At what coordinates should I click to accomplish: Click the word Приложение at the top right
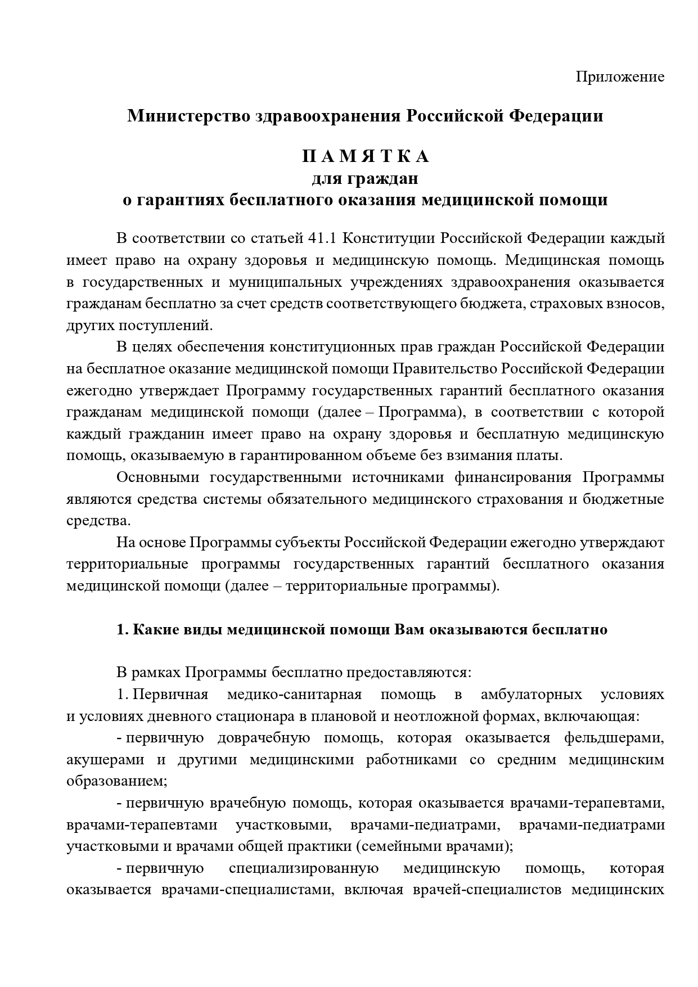620,77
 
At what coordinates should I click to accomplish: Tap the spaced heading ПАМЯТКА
366,156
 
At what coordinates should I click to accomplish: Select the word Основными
157,477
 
